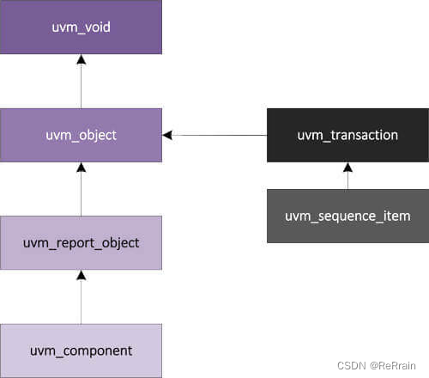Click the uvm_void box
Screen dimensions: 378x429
(81, 27)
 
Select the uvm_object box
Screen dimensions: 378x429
(81, 135)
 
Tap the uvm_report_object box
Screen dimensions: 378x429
(81, 243)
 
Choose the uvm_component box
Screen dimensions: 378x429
(81, 351)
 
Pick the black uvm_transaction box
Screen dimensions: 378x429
(347, 135)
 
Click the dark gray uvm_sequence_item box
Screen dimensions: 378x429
(347, 216)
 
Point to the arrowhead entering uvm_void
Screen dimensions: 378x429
(81, 60)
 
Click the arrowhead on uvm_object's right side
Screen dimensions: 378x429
(167, 135)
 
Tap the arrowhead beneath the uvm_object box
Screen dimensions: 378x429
(81, 168)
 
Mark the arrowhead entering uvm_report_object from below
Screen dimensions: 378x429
(81, 276)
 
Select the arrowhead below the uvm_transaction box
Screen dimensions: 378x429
(347, 168)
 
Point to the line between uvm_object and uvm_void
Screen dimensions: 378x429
(81, 86)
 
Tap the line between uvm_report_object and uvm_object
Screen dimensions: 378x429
(81, 194)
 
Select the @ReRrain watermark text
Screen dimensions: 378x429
(396, 366)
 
